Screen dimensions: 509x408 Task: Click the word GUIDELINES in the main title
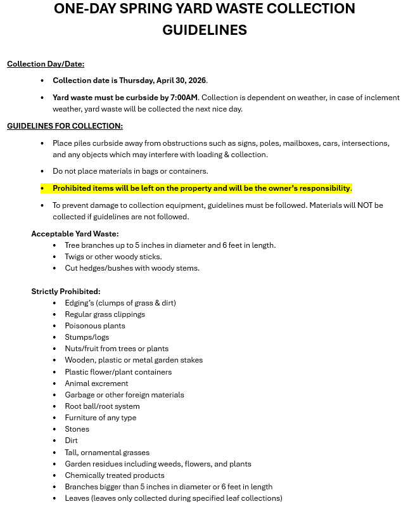[204, 30]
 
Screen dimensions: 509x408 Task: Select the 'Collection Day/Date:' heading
[46, 64]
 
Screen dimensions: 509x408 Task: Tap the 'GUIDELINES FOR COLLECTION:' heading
[65, 126]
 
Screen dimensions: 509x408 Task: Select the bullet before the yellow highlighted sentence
[42, 188]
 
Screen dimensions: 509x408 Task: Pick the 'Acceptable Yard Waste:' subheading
[75, 234]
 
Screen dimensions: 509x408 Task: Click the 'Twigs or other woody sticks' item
[113, 257]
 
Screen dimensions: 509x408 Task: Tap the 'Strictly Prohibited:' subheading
[66, 292]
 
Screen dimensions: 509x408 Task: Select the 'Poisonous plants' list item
[95, 326]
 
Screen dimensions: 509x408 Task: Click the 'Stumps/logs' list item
[87, 337]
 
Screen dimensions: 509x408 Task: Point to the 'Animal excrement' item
[96, 383]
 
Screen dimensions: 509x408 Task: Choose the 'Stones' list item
[77, 429]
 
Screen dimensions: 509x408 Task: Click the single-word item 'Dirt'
[72, 441]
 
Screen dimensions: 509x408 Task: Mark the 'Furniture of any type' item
[100, 418]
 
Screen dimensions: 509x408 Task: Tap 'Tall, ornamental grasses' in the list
[107, 453]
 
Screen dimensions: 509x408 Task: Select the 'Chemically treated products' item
[114, 475]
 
